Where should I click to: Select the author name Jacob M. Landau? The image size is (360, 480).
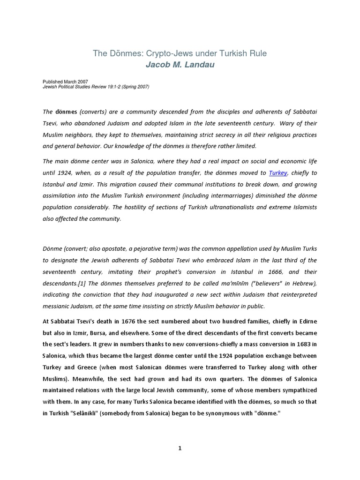tap(180, 65)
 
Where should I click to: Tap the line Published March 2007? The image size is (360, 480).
tap(65, 82)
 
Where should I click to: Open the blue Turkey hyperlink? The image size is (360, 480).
tap(278, 172)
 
